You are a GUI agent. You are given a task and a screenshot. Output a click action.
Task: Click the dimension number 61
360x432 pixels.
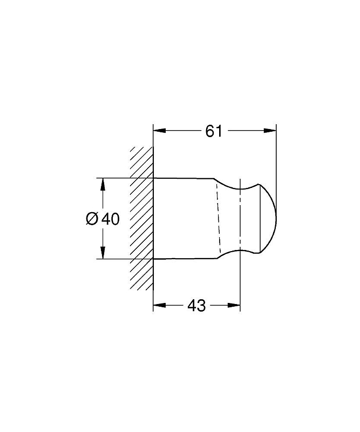click(x=214, y=131)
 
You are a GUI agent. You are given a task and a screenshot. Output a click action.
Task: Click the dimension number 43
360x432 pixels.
click(x=196, y=306)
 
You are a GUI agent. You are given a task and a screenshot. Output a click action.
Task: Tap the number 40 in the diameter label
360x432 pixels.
click(x=111, y=219)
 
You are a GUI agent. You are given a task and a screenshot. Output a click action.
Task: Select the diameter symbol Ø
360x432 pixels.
click(x=92, y=219)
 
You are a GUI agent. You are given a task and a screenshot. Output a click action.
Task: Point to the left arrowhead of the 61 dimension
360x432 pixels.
click(x=159, y=131)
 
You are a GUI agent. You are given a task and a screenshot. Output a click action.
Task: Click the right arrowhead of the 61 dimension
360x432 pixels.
click(x=270, y=131)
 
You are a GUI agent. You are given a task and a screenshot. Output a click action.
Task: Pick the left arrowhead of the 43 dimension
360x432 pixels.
click(x=159, y=305)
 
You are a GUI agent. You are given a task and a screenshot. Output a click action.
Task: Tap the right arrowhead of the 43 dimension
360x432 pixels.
click(x=234, y=305)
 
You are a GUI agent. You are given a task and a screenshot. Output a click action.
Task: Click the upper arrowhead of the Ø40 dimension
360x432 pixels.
click(x=103, y=184)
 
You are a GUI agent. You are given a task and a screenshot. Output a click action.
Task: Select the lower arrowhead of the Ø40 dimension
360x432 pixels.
click(x=103, y=253)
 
